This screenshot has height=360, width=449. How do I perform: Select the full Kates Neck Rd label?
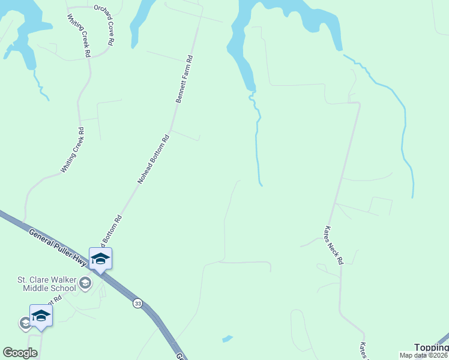coord(334,245)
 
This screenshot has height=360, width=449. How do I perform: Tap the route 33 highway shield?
coord(138,304)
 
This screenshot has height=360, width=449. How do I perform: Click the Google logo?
coord(20,353)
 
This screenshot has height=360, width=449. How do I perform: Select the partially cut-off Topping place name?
coord(432,347)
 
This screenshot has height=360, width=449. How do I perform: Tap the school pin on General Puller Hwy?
coord(100,259)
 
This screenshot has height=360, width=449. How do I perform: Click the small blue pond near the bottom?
coord(228,339)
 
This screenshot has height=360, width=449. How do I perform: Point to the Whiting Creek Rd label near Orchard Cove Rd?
coord(79,35)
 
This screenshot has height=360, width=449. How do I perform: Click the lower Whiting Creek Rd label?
coord(72,150)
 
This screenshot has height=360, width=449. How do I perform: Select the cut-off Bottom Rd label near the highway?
coord(114,230)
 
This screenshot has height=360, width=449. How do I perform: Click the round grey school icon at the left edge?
coord(25,323)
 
